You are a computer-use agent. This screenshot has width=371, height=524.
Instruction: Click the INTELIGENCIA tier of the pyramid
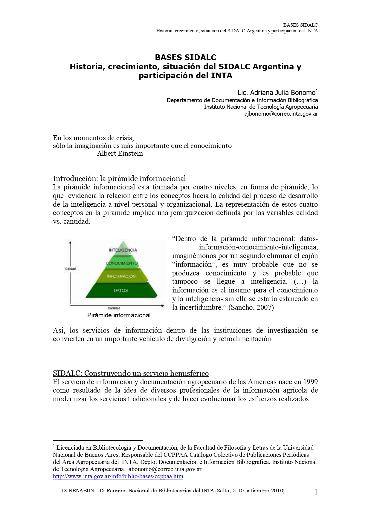click(x=123, y=250)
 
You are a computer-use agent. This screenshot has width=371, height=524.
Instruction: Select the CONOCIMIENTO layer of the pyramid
click(x=122, y=263)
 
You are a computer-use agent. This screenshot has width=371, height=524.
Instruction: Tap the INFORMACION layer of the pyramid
click(x=121, y=276)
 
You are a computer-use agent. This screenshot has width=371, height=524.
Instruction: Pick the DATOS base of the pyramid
click(x=121, y=290)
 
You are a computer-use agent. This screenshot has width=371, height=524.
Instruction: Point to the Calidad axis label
click(x=70, y=269)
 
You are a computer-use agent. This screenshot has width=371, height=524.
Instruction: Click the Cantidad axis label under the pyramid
click(x=114, y=308)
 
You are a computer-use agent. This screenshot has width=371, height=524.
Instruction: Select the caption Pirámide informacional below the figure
click(x=119, y=315)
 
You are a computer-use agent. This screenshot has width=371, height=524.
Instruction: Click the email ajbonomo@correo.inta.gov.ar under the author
click(x=281, y=114)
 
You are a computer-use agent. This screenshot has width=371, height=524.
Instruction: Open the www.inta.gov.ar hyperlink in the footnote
click(x=118, y=476)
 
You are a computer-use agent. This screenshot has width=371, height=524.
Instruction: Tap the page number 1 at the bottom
click(x=316, y=492)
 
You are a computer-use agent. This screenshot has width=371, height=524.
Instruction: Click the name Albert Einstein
click(x=120, y=154)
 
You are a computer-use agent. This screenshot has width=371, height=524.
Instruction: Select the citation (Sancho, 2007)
click(x=251, y=307)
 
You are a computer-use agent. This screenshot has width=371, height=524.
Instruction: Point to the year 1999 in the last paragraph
click(x=310, y=382)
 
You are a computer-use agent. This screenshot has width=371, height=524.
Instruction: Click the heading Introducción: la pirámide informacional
click(x=119, y=179)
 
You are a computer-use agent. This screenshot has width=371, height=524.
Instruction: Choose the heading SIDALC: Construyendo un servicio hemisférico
click(x=131, y=373)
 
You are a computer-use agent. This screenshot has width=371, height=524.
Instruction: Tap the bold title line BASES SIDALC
click(x=185, y=57)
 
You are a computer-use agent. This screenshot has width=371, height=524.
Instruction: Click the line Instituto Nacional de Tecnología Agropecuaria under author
click(x=261, y=107)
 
